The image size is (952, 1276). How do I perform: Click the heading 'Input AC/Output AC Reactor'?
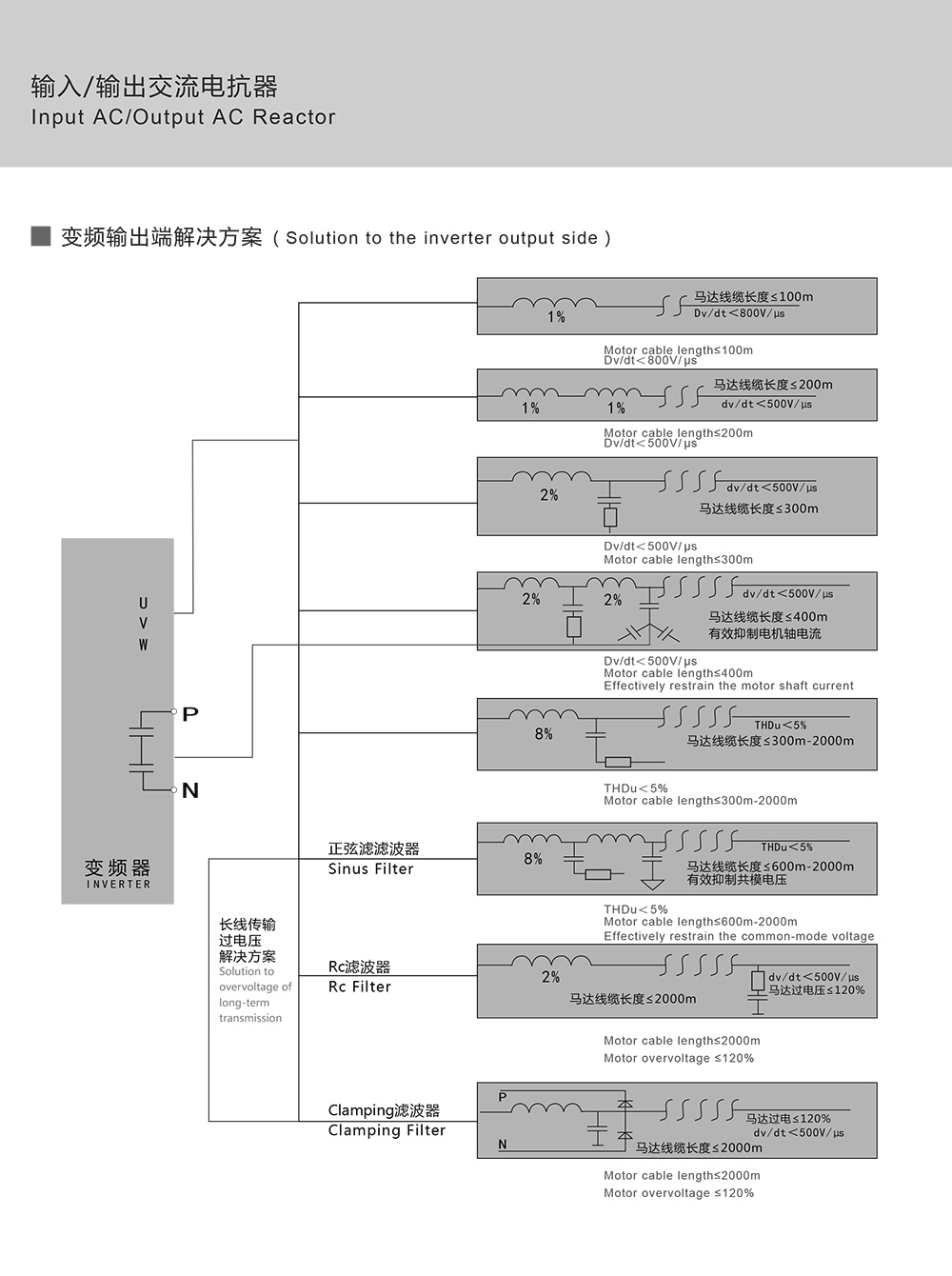tap(183, 117)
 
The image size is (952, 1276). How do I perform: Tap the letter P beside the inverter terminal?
tap(190, 714)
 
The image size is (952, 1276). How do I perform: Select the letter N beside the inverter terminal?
tap(190, 790)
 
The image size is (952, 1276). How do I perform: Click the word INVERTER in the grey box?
tap(118, 885)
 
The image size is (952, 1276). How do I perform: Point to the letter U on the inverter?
tap(144, 603)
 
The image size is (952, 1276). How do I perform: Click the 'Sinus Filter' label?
tap(370, 868)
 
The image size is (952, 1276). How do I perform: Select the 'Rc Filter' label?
tap(359, 987)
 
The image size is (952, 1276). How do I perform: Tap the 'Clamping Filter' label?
tap(387, 1130)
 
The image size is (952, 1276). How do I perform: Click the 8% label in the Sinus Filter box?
tap(533, 859)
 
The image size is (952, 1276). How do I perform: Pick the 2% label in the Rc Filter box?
tap(550, 977)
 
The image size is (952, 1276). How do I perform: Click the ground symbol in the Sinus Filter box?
tap(652, 884)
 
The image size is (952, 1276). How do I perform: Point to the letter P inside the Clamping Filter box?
tap(503, 1097)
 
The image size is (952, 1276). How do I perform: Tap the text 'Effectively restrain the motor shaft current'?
tap(728, 686)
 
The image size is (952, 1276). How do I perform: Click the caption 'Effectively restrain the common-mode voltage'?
tap(739, 936)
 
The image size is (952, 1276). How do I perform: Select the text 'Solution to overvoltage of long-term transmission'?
tap(254, 995)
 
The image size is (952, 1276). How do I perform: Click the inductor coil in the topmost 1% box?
tap(555, 303)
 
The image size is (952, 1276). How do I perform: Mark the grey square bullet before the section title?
tap(41, 235)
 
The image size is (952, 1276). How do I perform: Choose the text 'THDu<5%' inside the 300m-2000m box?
tap(781, 726)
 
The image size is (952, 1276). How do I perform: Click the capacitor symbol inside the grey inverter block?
tap(141, 748)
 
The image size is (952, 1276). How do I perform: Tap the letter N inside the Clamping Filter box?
tap(503, 1145)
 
